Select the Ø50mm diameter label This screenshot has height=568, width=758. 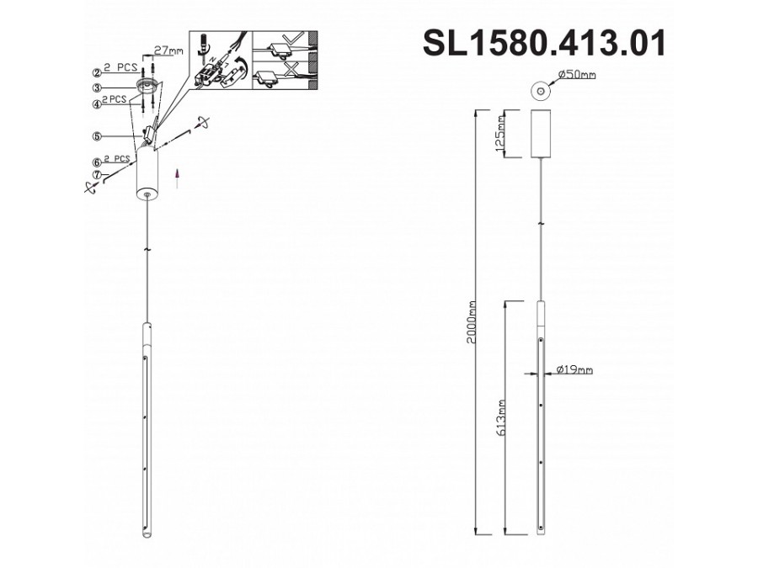(577, 75)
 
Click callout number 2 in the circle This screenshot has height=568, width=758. (98, 73)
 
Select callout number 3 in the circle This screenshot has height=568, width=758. (98, 87)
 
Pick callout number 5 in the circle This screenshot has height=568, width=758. (98, 135)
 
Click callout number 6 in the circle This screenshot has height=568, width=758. (98, 162)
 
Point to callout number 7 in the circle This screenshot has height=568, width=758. (98, 175)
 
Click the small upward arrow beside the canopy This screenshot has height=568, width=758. (177, 175)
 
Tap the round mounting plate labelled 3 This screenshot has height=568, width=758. (149, 87)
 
